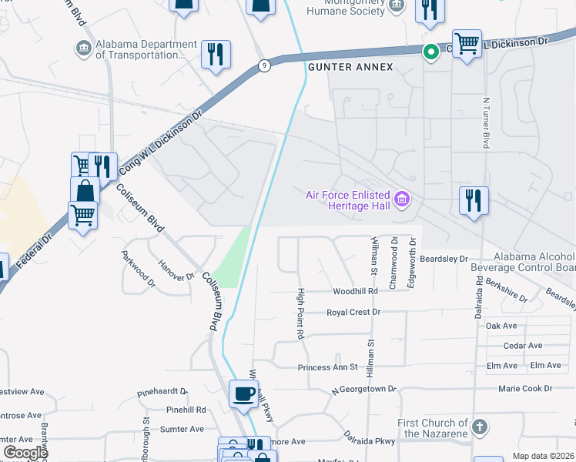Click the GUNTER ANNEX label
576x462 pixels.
pos(350,68)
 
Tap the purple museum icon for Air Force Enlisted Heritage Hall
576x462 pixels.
pos(401,200)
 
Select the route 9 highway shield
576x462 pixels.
pos(264,65)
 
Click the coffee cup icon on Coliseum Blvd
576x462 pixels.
pos(244,395)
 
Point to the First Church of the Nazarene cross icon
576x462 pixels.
pos(479,426)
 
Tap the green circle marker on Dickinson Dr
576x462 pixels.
pos(431,52)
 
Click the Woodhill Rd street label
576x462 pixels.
pos(355,292)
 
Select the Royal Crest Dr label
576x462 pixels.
pos(353,313)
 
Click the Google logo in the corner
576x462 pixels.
pos(25,453)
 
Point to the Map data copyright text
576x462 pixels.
pos(543,456)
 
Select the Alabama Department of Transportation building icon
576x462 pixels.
pos(82,49)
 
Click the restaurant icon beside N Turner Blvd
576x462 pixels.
pos(474,201)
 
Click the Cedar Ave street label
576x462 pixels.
pos(523,346)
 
